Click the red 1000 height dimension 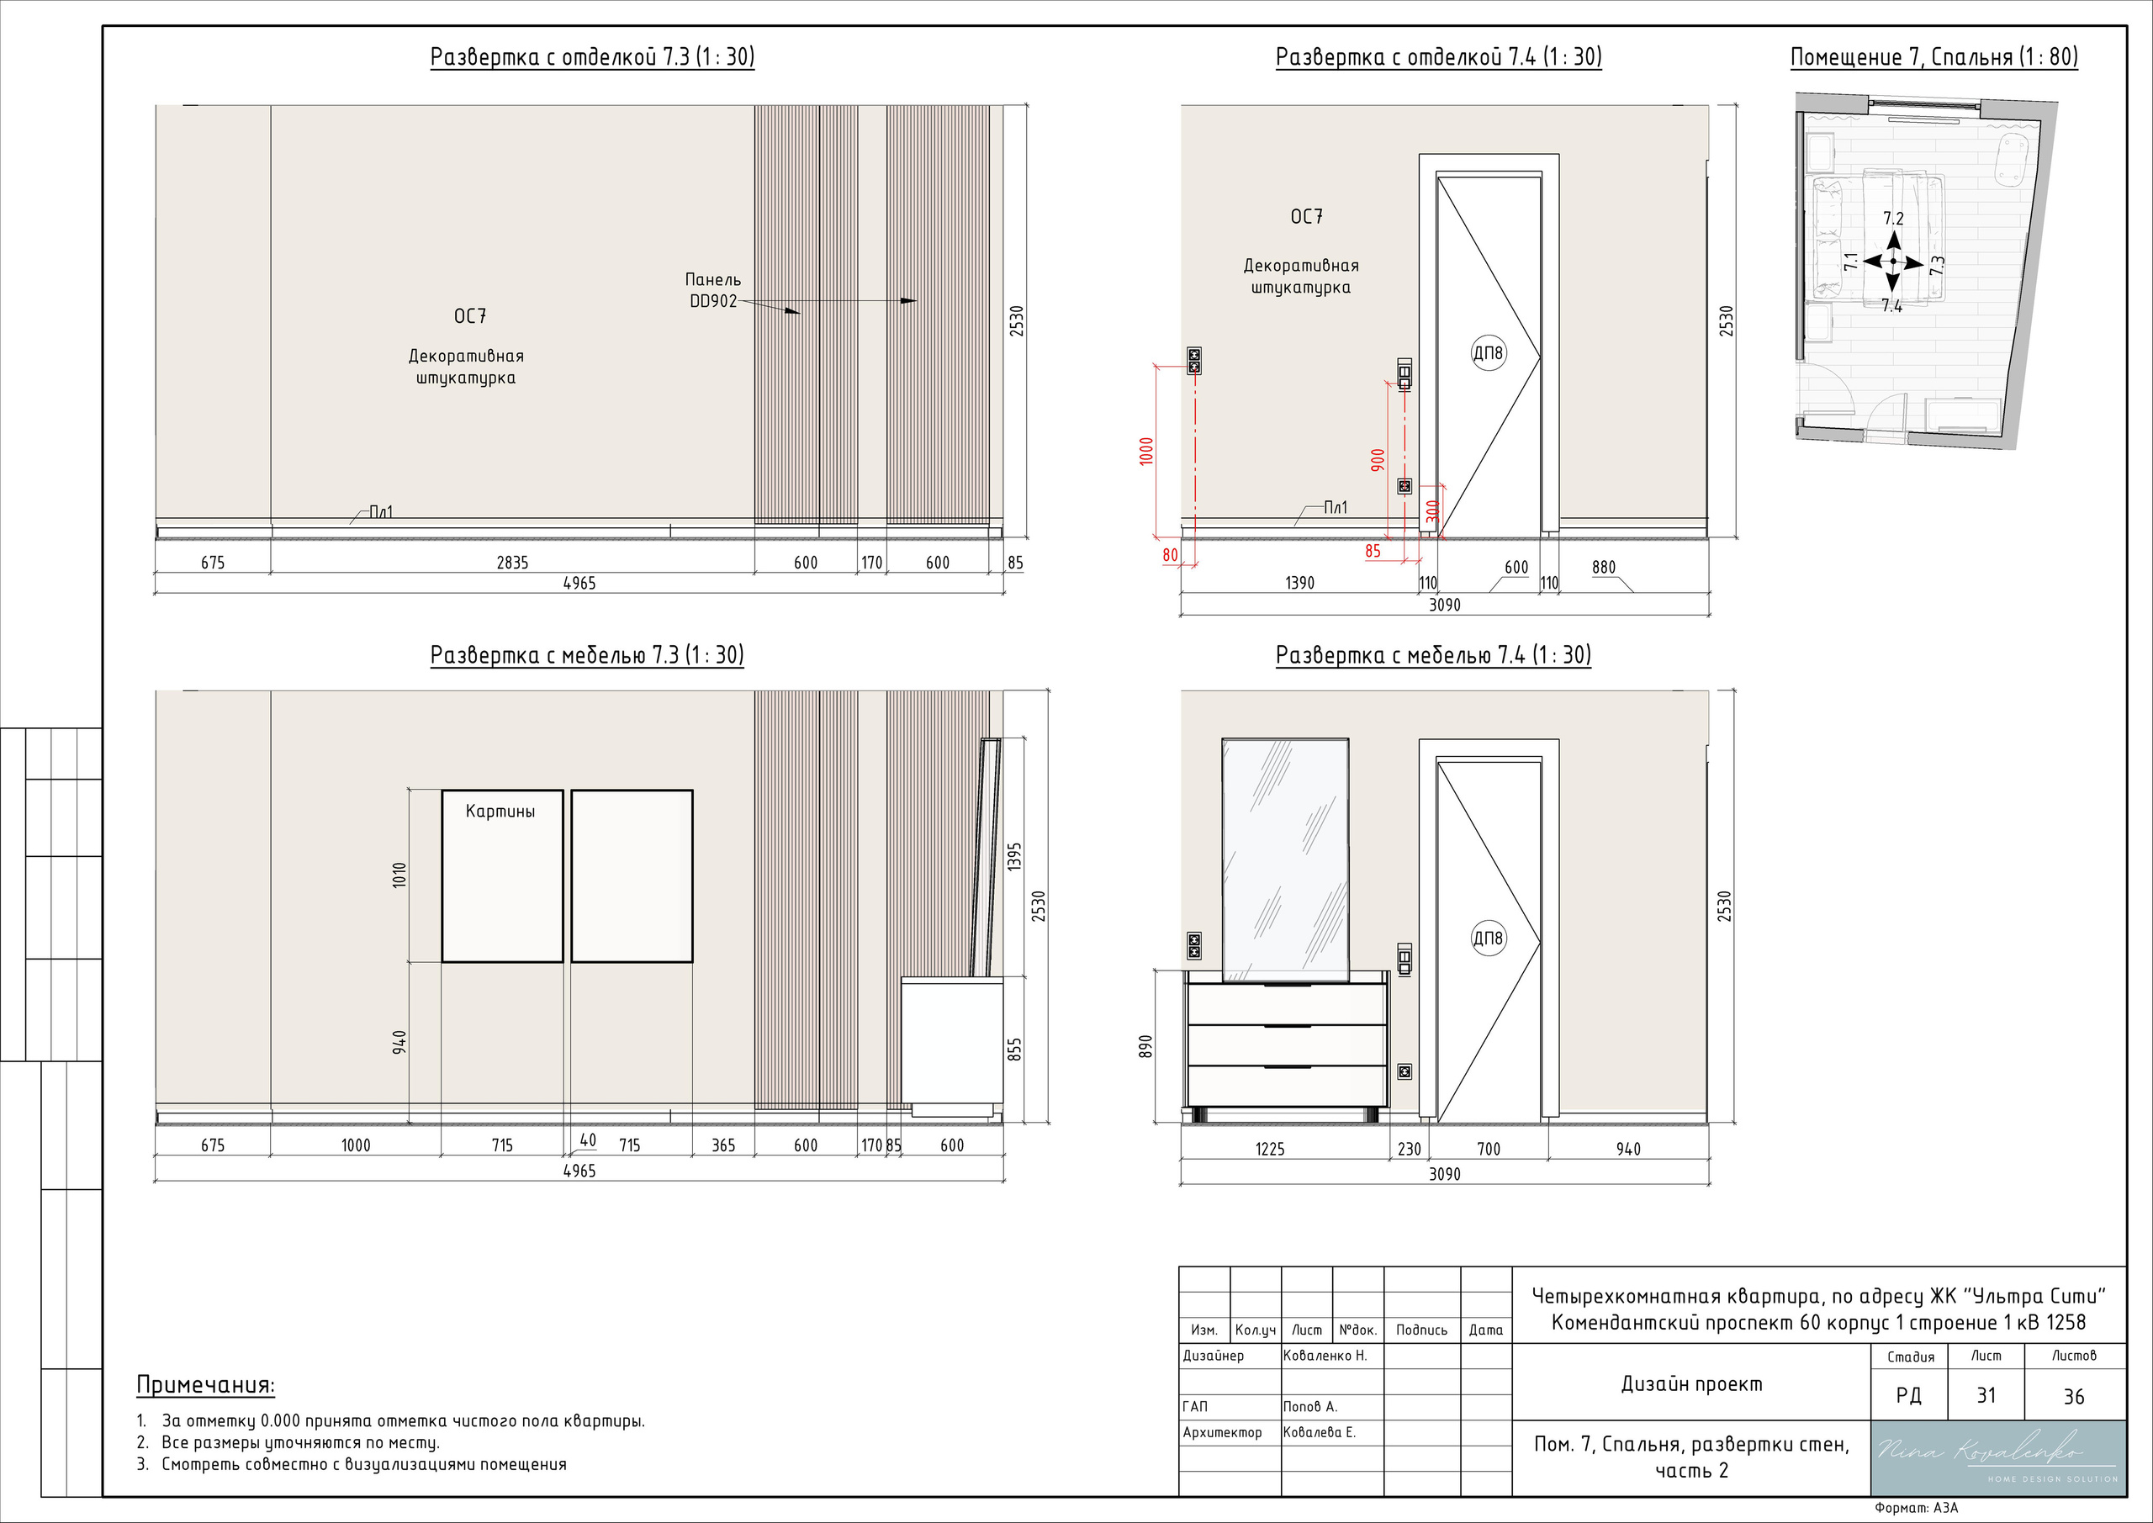1146,451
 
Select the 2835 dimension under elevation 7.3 512,563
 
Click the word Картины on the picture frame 500,812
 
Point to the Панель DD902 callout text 712,291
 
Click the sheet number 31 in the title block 1986,1395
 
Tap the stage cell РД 1908,1396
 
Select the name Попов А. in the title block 1310,1407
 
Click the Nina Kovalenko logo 1997,1458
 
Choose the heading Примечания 205,1385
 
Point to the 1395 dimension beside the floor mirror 1013,856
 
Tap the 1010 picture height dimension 399,875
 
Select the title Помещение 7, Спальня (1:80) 1933,57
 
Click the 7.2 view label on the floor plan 1893,219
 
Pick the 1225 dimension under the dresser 1270,1149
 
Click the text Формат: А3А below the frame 1917,1508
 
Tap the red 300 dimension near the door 1431,511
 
